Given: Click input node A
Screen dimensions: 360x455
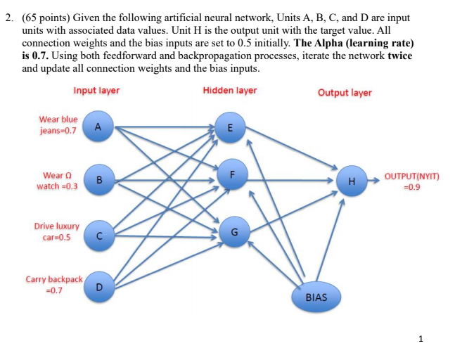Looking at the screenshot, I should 98,127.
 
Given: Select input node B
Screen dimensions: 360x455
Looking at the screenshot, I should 98,181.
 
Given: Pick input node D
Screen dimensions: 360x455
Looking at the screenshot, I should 98,287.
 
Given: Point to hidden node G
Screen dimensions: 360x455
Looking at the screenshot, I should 234,232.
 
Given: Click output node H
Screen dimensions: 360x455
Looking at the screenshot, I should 351,181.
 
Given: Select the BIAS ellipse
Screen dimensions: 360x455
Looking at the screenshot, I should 316,297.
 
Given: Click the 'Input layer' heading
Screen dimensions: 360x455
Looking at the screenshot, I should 96,91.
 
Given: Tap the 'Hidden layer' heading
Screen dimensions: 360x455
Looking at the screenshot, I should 230,91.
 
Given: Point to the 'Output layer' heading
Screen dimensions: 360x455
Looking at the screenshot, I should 345,93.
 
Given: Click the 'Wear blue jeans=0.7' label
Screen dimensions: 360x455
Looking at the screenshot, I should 58,125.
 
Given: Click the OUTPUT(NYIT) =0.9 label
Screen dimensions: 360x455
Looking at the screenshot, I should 411,181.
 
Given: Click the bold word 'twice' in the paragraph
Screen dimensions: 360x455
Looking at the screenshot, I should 399,56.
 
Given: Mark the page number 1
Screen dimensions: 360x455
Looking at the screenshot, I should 421,339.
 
